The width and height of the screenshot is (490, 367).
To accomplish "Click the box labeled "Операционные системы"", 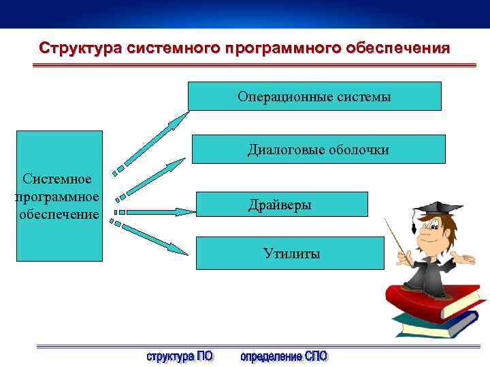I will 314,97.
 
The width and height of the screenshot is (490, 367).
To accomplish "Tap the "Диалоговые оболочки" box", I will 318,149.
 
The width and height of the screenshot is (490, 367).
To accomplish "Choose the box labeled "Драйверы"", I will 282,205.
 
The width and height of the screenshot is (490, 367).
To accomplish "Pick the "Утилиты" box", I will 291,254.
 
